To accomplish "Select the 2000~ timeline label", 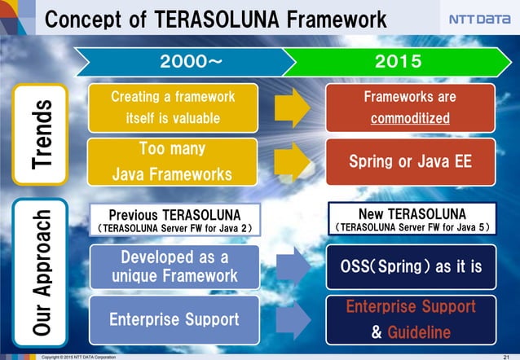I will (188, 61).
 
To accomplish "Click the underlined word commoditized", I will (410, 119).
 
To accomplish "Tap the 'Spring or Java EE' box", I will (410, 161).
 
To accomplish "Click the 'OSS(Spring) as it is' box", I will (410, 266).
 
